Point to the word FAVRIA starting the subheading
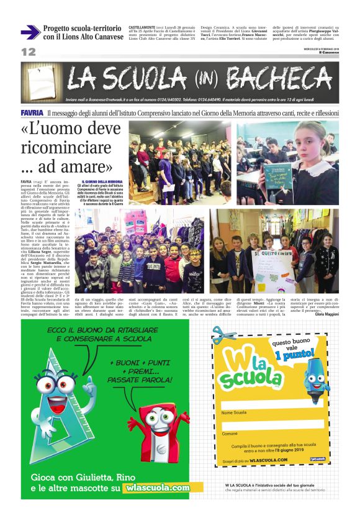[32, 112]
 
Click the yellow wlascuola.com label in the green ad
[157, 488]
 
